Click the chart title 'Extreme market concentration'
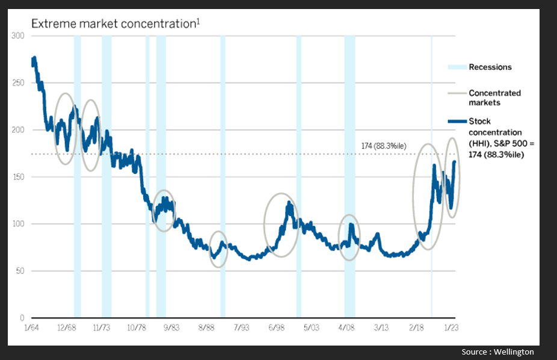click(x=114, y=24)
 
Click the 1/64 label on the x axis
click(x=31, y=327)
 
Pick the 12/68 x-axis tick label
click(x=67, y=327)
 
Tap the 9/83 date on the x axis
click(x=171, y=327)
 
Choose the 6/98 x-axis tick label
click(x=277, y=327)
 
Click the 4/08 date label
click(x=347, y=327)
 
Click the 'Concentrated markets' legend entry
click(x=494, y=98)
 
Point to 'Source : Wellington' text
click(x=497, y=352)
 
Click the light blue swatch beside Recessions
click(x=456, y=67)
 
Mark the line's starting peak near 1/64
click(x=34, y=58)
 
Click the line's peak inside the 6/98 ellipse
click(x=289, y=203)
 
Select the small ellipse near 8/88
click(x=219, y=249)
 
